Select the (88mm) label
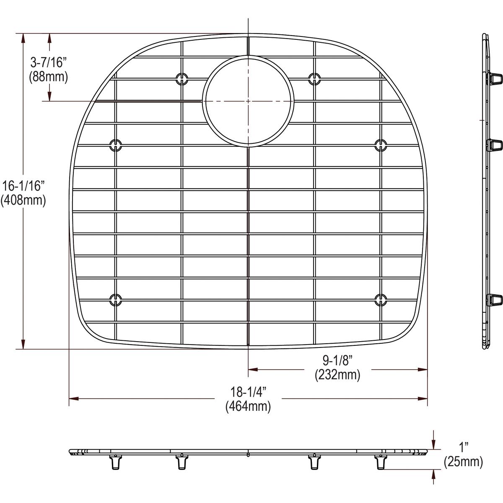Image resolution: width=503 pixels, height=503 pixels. tap(48, 77)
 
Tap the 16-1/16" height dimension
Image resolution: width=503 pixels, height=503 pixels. tap(23, 185)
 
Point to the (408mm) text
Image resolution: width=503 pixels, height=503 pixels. tap(23, 200)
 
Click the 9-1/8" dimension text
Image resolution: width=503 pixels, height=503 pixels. tap(337, 360)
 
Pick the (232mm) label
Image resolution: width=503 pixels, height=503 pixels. tap(337, 375)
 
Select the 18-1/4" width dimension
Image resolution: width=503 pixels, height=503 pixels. tap(248, 392)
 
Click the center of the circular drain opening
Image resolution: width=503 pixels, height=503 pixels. tap(248, 101)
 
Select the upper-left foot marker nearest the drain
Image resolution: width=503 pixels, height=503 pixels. tap(181, 78)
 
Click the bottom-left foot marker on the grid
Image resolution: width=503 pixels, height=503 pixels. tap(115, 299)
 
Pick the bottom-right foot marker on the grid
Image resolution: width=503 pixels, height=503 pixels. tap(380, 299)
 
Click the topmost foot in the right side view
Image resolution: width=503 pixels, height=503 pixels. tap(495, 78)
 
